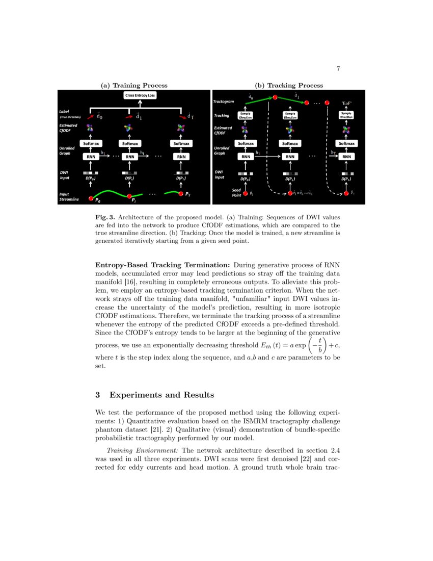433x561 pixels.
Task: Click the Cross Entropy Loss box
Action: click(140, 96)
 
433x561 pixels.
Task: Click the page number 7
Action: click(338, 69)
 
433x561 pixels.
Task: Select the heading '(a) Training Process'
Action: click(134, 85)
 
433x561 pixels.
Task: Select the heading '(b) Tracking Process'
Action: click(289, 85)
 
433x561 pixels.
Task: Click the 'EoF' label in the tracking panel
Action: click(347, 103)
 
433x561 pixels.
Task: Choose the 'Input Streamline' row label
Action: click(69, 197)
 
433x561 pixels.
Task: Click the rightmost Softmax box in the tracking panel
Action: click(346, 144)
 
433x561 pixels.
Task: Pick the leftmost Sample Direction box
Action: click(246, 116)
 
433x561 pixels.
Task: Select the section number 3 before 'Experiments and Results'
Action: click(98, 395)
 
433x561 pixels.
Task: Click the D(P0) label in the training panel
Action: click(91, 179)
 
